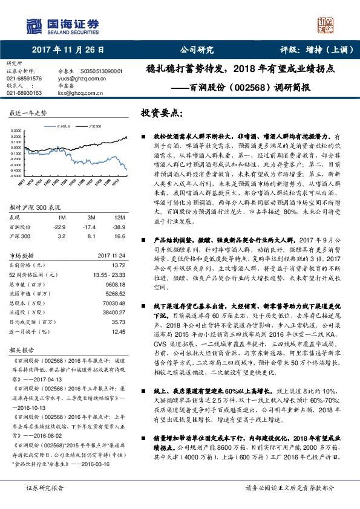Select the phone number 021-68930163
[x=24, y=93]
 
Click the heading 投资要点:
[x=162, y=113]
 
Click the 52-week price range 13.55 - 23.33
[x=110, y=274]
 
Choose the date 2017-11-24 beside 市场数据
[x=112, y=255]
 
